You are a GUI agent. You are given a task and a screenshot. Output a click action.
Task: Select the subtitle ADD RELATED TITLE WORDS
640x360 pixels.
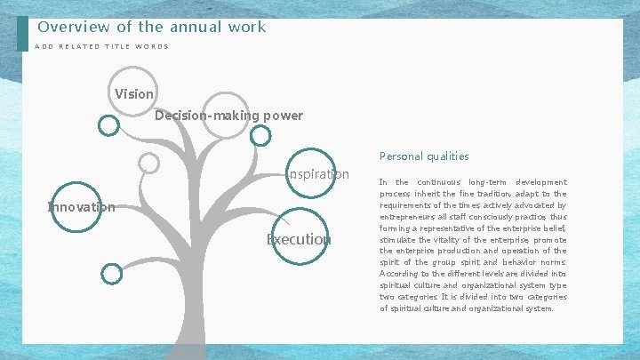click(x=101, y=47)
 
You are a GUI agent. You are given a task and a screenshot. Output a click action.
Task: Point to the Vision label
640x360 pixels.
click(x=134, y=93)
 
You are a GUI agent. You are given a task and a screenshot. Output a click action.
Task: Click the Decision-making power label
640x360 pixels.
click(x=228, y=116)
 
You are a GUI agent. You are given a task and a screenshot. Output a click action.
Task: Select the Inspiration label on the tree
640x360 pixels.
click(x=318, y=173)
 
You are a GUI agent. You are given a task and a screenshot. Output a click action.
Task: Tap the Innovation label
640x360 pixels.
click(x=81, y=207)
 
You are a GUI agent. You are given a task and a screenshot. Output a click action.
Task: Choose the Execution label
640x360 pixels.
click(x=299, y=239)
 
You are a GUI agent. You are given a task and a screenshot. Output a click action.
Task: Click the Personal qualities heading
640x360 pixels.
click(x=424, y=156)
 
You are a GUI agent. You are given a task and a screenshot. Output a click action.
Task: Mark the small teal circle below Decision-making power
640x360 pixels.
click(x=260, y=135)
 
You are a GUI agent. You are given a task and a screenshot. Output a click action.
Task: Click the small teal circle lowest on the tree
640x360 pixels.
click(x=111, y=274)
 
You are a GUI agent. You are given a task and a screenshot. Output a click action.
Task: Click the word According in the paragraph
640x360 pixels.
click(x=400, y=275)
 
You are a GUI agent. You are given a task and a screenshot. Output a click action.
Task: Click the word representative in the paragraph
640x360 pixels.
click(x=450, y=228)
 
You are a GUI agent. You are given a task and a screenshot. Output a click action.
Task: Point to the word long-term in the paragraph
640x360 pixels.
click(x=489, y=182)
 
